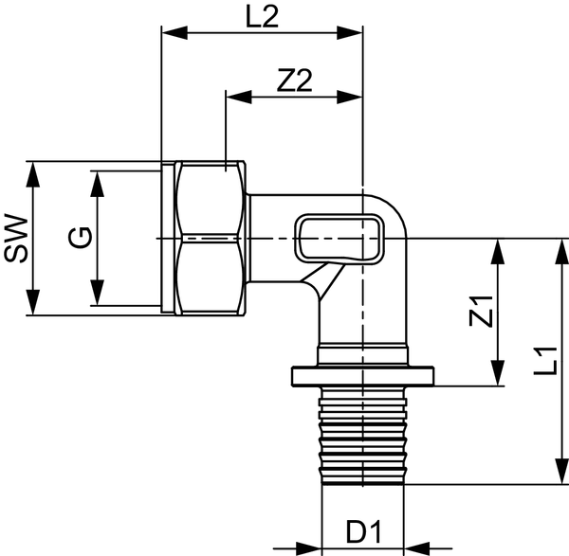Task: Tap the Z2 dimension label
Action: coord(294,82)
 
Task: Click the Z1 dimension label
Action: coord(484,312)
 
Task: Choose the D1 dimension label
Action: coord(363,528)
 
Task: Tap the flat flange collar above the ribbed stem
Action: coord(363,376)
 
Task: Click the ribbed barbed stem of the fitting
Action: coord(363,436)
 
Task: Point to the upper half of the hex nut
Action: coord(211,201)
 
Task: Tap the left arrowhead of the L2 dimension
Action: coord(172,33)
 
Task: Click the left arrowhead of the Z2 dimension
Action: coord(234,98)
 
